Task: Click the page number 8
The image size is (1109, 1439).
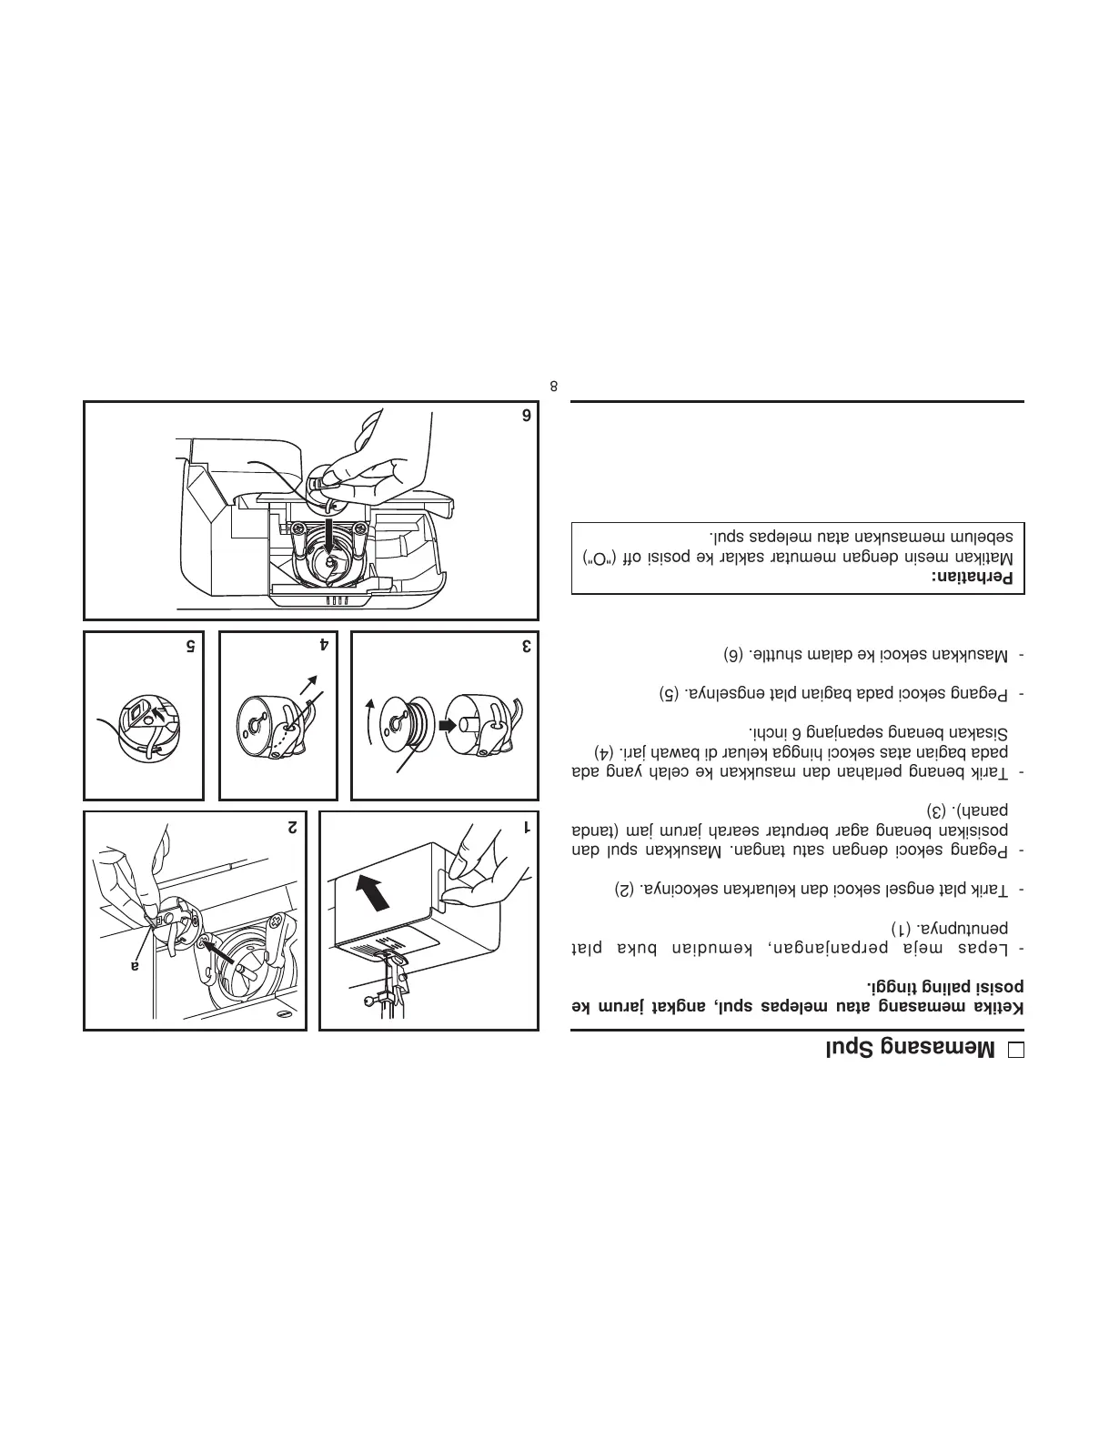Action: [x=554, y=386]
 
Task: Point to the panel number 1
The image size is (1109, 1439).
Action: [x=525, y=828]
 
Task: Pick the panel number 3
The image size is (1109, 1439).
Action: [x=525, y=647]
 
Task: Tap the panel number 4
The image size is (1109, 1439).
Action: [x=324, y=647]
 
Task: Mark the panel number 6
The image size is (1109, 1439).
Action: [x=525, y=416]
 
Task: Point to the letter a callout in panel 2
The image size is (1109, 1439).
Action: [x=134, y=966]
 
